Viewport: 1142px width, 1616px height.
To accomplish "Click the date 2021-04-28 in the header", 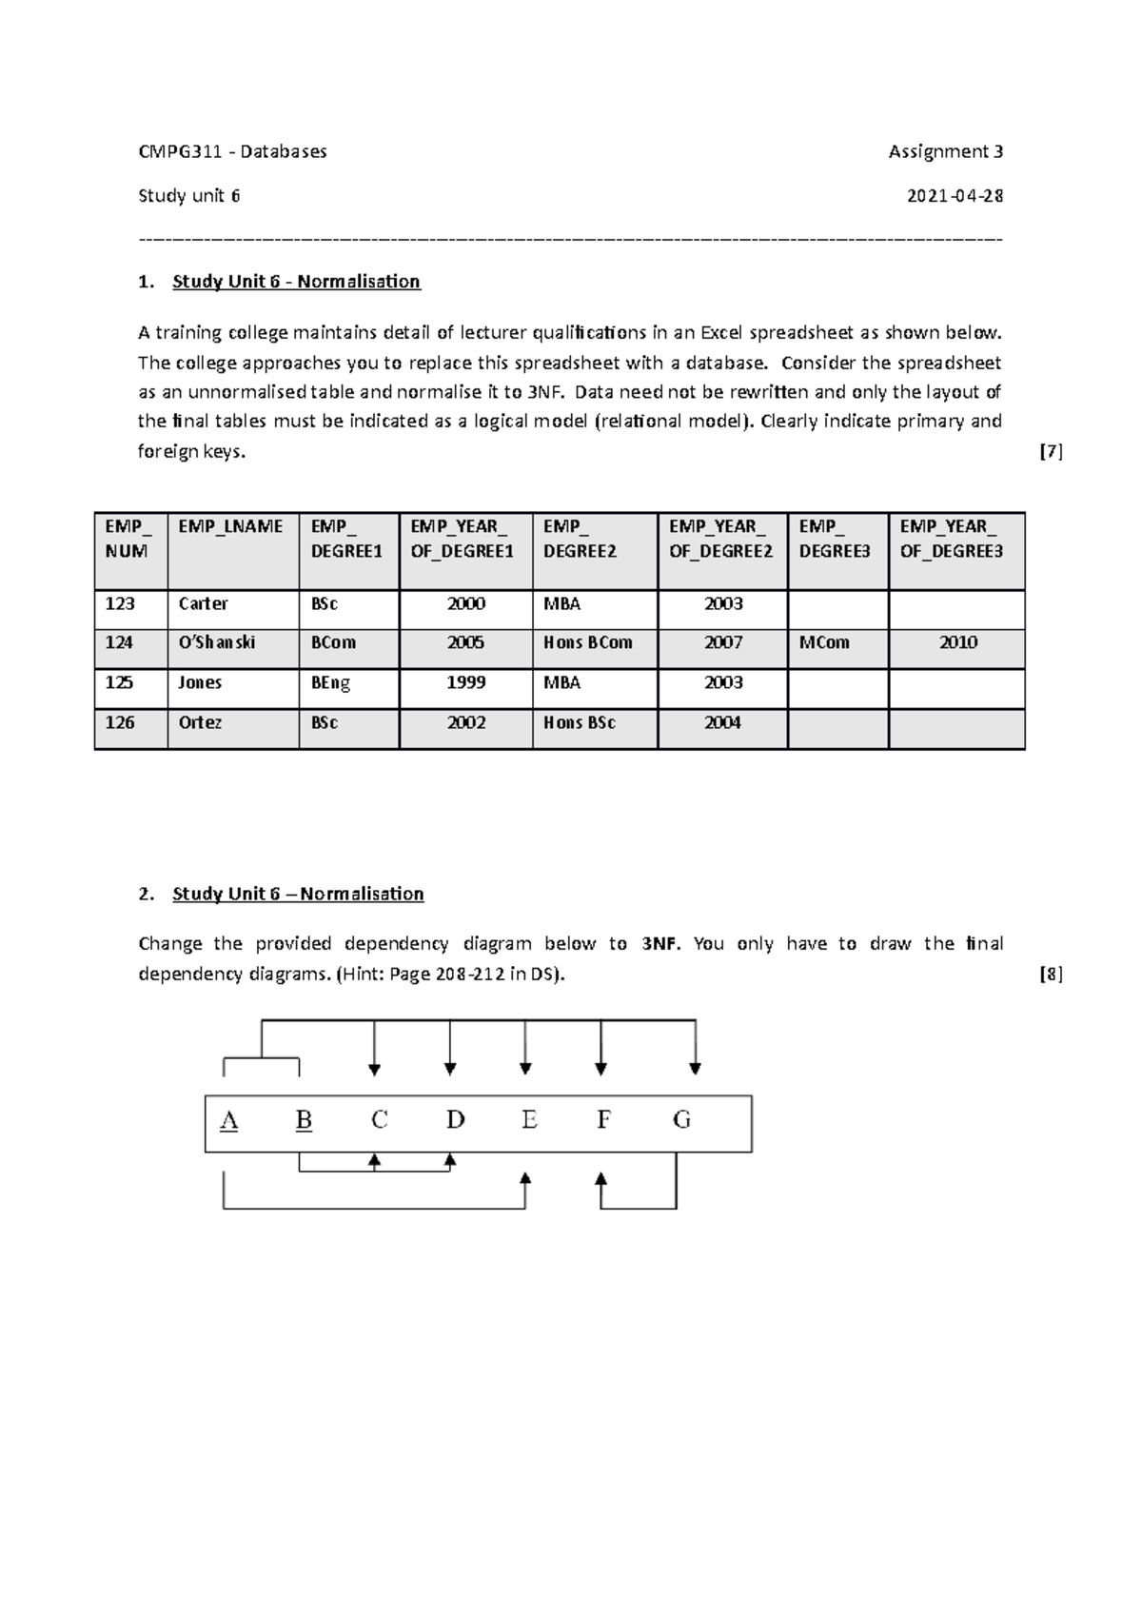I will click(x=955, y=196).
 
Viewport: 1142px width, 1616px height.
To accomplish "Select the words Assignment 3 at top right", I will click(x=945, y=151).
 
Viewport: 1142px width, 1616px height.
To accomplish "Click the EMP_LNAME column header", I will click(x=230, y=526).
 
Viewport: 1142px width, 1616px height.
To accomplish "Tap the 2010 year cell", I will click(x=957, y=642).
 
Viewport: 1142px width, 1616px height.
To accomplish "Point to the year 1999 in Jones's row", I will click(x=466, y=682).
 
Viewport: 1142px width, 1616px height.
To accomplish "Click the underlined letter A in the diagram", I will click(x=228, y=1120).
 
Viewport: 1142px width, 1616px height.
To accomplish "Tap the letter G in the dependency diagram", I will click(x=681, y=1120).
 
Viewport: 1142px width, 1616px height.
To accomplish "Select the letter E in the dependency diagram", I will click(x=529, y=1120).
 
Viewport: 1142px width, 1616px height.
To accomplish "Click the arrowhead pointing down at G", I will click(x=696, y=1069).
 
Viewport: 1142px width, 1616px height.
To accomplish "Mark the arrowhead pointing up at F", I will click(x=601, y=1179).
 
